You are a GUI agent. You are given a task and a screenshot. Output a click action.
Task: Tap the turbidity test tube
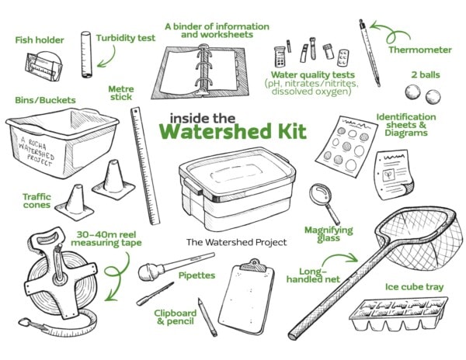pos(86,54)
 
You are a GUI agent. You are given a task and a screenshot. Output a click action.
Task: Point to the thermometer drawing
pos(370,53)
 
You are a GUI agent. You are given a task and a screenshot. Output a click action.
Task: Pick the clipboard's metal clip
pos(253,266)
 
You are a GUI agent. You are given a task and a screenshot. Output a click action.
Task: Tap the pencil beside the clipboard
pos(207,317)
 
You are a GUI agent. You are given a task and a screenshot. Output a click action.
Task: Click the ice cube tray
pos(398,313)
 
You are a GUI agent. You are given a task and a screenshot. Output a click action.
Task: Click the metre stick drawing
pos(145,165)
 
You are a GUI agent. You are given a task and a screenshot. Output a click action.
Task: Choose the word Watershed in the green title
pos(215,131)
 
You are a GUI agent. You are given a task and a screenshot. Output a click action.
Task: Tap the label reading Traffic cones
pos(37,201)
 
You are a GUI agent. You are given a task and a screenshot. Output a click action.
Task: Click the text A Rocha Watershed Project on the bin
pos(37,151)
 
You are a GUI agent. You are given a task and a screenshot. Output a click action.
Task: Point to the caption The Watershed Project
pos(237,243)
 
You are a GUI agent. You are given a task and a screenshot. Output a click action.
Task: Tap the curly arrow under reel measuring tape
pos(116,276)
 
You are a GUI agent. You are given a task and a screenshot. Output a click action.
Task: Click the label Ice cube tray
pos(414,287)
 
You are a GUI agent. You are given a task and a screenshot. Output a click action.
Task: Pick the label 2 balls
pos(426,74)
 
